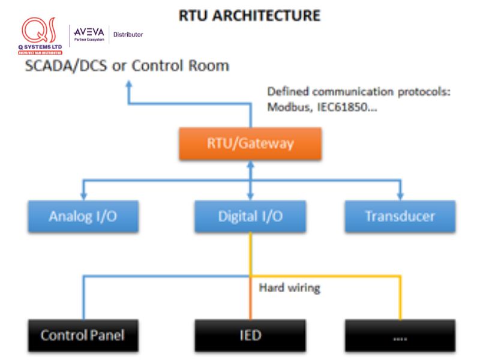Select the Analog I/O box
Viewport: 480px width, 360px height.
click(83, 217)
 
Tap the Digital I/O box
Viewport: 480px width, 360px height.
click(250, 217)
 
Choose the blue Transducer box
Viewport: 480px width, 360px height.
click(400, 217)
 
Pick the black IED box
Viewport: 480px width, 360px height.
click(250, 335)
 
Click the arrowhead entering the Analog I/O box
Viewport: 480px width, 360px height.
click(83, 196)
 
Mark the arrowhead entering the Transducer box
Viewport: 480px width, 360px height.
click(400, 196)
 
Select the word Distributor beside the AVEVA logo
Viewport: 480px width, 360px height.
click(128, 35)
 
